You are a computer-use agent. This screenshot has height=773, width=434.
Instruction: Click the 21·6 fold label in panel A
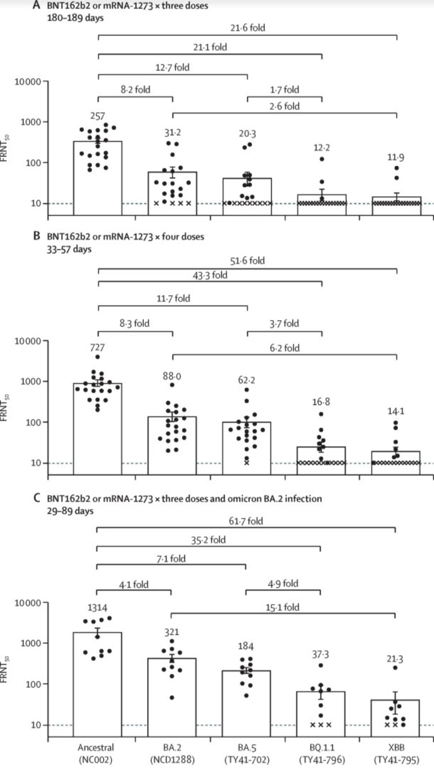tap(248, 28)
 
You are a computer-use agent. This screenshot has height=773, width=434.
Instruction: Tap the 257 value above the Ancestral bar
tap(98, 116)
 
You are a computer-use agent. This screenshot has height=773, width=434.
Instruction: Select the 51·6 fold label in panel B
tap(247, 260)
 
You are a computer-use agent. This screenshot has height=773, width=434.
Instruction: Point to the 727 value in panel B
tap(97, 347)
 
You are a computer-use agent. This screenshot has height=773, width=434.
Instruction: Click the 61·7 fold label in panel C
tap(246, 521)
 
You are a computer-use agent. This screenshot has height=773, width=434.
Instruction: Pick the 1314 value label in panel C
tap(97, 607)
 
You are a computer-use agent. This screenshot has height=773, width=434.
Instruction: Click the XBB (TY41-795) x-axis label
tap(396, 753)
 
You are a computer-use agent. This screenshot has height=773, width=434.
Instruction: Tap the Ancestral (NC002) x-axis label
tap(96, 753)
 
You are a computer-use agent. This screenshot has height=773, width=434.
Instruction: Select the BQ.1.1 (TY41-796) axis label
tap(321, 753)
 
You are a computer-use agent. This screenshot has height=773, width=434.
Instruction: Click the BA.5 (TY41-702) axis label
tap(247, 753)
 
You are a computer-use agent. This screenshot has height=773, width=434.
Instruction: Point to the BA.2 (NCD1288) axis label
tap(172, 753)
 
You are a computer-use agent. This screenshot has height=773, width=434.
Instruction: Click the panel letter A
tap(37, 6)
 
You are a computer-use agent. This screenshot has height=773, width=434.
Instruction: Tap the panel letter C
tap(37, 498)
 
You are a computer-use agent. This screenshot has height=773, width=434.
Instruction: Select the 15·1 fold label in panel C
tap(282, 607)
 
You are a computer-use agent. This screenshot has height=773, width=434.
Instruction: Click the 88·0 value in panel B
tap(172, 376)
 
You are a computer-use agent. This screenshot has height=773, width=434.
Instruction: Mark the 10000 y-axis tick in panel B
tap(28, 341)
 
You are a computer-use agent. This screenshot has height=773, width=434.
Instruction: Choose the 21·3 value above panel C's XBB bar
tap(395, 659)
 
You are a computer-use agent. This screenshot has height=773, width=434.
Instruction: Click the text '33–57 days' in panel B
tap(69, 249)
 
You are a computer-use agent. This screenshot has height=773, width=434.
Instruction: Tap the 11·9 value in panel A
tap(396, 157)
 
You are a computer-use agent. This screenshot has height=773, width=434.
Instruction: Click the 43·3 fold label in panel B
tap(210, 275)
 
